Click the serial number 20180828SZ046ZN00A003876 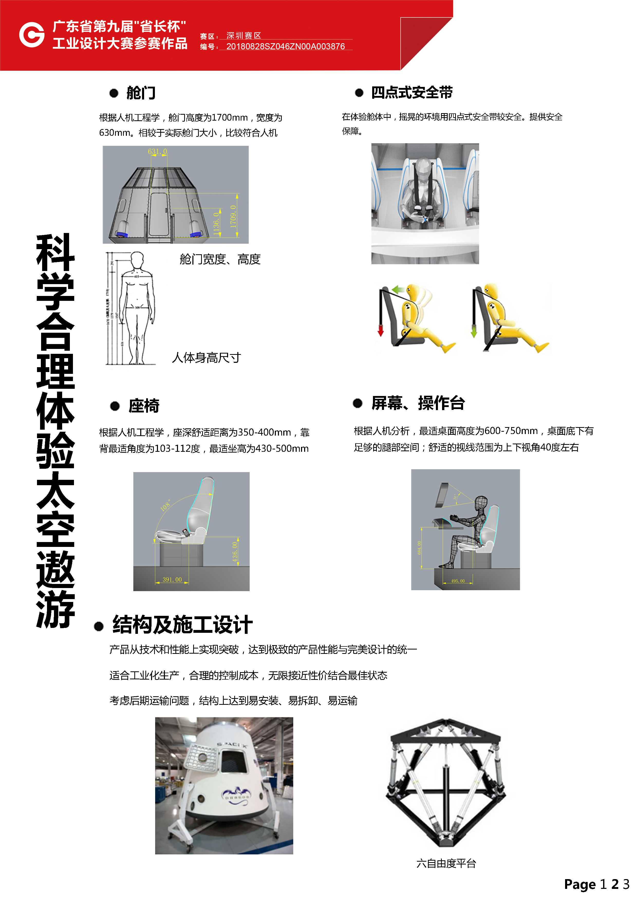[x=285, y=46]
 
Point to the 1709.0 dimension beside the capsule [x=233, y=217]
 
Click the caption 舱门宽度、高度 [x=220, y=259]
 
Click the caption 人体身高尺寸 [x=206, y=357]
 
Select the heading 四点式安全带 [x=412, y=93]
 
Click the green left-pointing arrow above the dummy [x=398, y=290]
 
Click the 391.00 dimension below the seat [x=172, y=580]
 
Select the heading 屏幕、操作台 [x=418, y=403]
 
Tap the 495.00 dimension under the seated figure [x=458, y=581]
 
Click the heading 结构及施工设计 [x=183, y=625]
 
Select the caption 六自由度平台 [x=446, y=863]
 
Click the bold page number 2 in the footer [x=615, y=884]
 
